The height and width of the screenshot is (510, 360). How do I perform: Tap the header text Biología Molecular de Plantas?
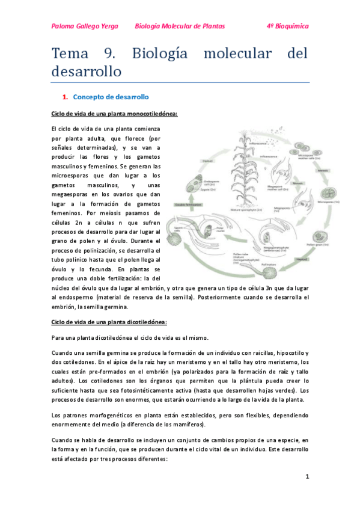[180, 26]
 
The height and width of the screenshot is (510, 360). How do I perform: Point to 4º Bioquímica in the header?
[287, 26]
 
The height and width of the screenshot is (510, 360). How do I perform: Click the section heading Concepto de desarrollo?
[110, 97]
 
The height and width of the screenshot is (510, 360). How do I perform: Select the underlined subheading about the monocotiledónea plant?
[114, 114]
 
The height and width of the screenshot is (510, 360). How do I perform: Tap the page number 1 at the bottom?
[307, 477]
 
